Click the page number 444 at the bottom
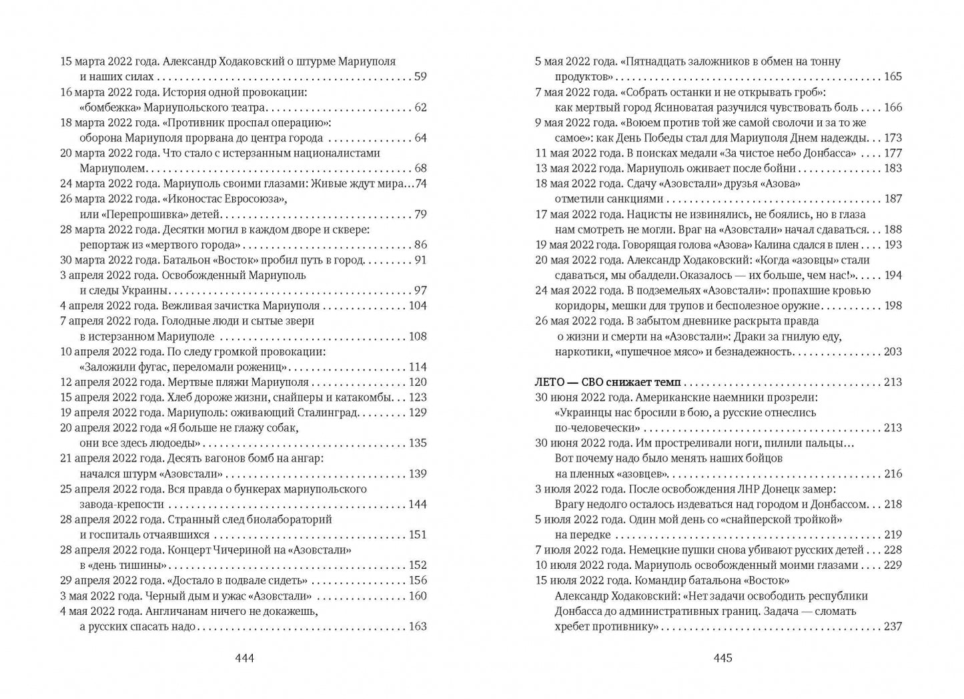245,658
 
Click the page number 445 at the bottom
723,658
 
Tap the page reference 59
420,77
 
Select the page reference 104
418,306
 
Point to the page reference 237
893,626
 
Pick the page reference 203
893,352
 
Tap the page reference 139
418,474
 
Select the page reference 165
893,77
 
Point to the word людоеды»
175,443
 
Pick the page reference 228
893,550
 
